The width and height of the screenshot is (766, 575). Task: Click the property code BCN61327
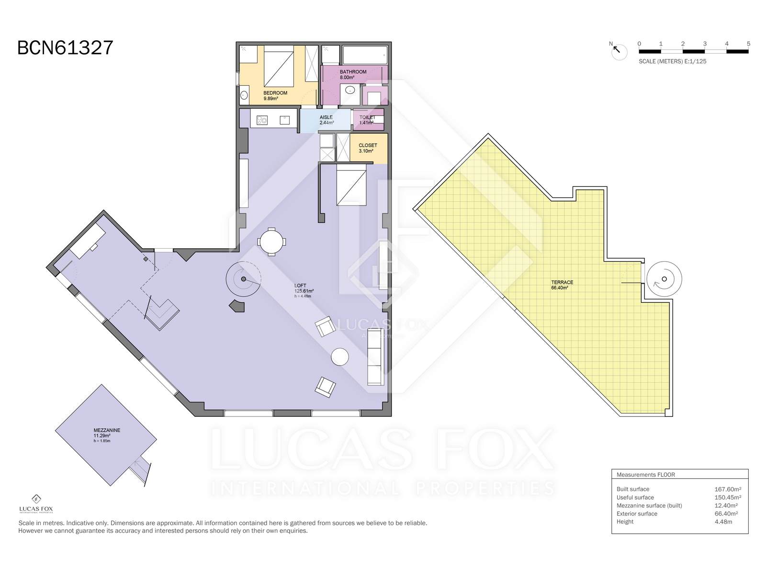point(65,48)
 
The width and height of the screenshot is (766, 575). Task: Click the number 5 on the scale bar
point(748,44)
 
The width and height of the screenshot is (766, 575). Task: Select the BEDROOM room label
point(275,93)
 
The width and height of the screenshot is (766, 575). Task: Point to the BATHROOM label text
point(353,72)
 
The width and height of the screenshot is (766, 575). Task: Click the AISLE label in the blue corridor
point(326,117)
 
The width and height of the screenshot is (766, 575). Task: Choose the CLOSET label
point(368,145)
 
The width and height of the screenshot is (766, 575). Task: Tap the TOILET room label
point(367,117)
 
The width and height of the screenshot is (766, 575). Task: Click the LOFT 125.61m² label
point(304,288)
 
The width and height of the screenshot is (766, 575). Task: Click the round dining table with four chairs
point(271,241)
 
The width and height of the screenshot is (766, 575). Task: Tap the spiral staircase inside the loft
point(243,279)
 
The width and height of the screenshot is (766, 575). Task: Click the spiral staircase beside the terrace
point(664,279)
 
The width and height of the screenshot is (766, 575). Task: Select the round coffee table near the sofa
point(339,357)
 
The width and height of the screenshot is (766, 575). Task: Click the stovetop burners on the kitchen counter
point(262,120)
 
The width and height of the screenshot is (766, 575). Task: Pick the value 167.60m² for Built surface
point(728,489)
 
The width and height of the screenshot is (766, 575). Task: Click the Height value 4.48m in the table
point(723,522)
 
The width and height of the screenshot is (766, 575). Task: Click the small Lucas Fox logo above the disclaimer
point(36,504)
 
